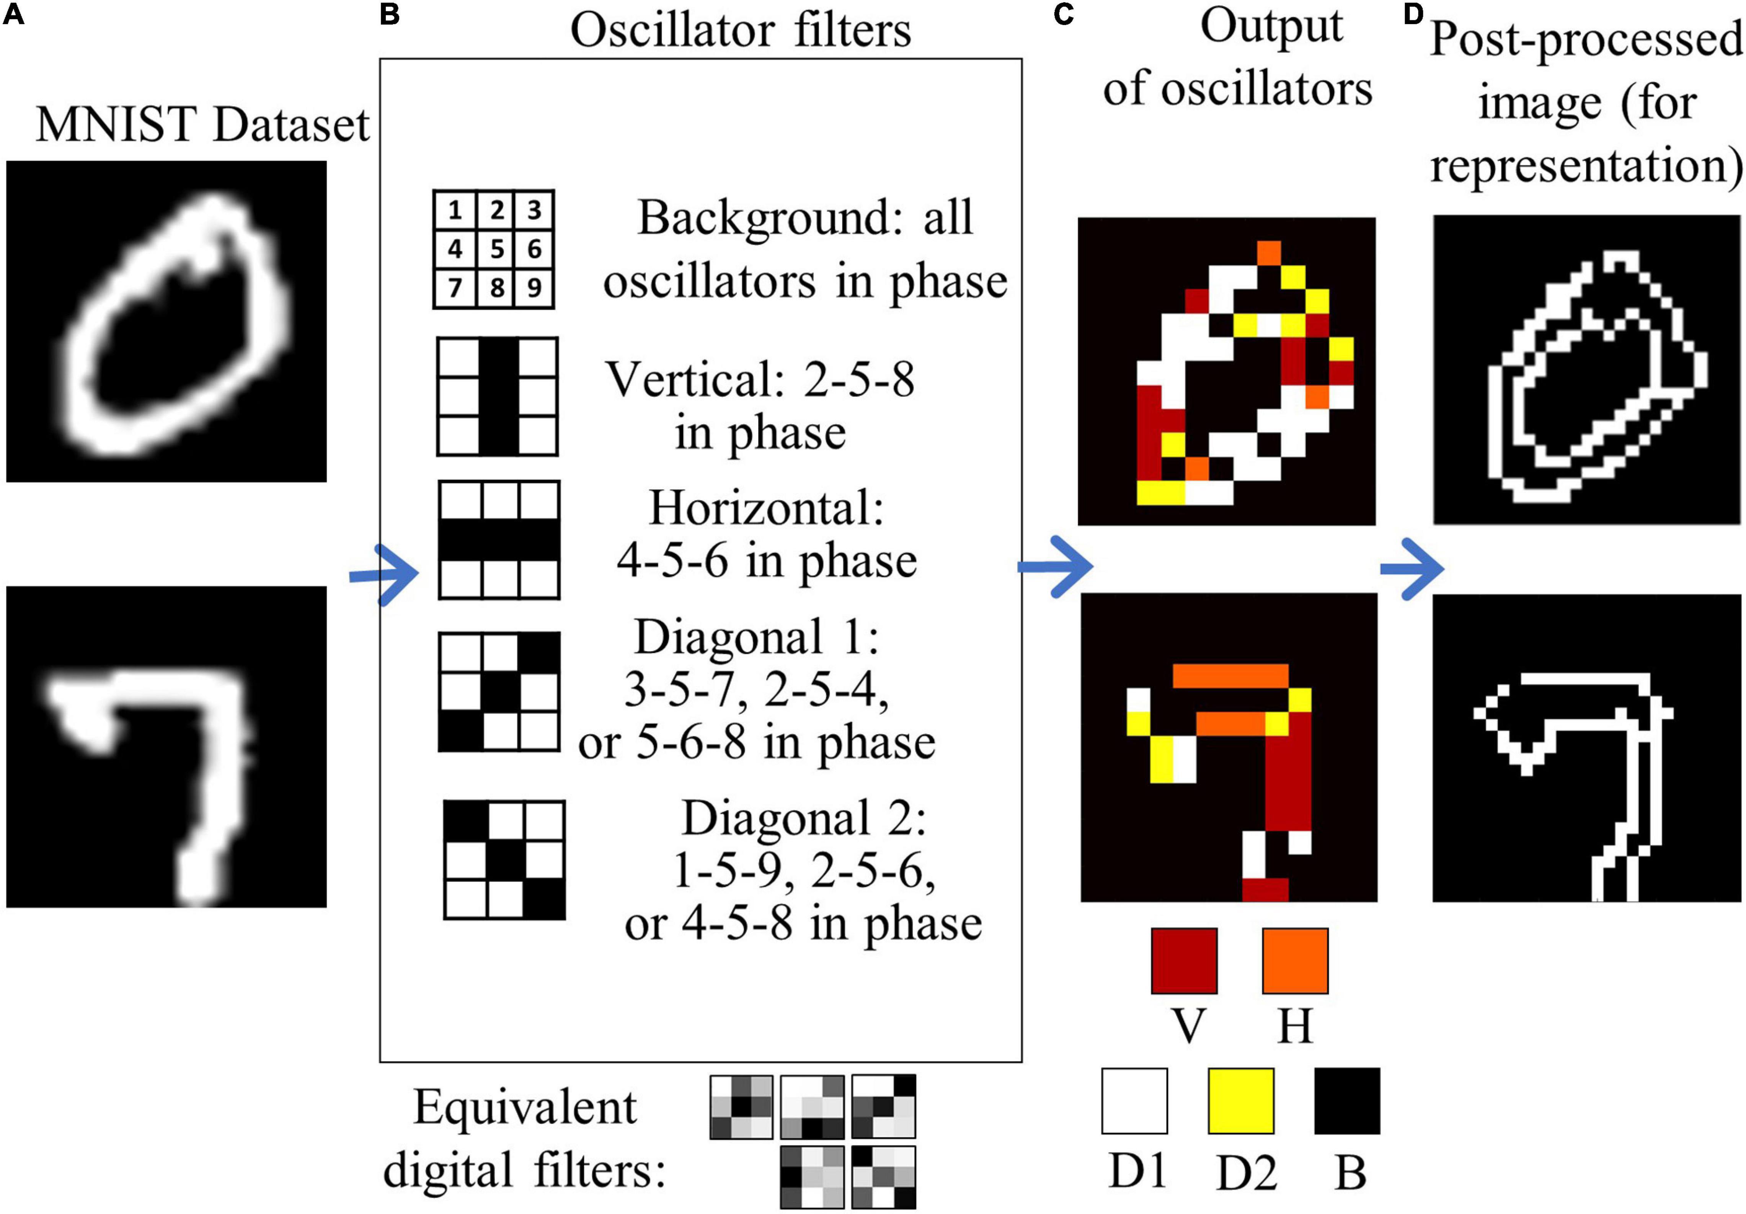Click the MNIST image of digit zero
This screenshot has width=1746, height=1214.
pyautogui.click(x=166, y=321)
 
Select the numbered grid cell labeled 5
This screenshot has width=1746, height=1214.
pyautogui.click(x=496, y=249)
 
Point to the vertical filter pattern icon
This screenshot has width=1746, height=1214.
pyautogui.click(x=497, y=396)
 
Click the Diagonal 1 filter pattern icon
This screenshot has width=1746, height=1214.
pyautogui.click(x=499, y=691)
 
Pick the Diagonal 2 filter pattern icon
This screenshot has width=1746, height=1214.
pyautogui.click(x=504, y=859)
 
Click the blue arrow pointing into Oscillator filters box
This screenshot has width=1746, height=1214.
pyautogui.click(x=384, y=574)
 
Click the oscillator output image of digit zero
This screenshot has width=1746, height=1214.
pyautogui.click(x=1227, y=371)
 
